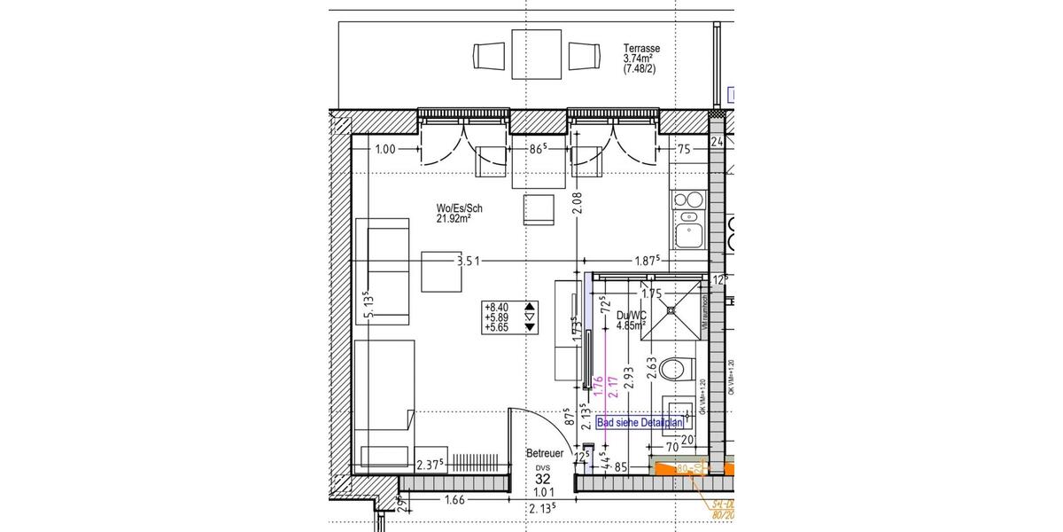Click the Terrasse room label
click(642, 49)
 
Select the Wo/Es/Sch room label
click(459, 208)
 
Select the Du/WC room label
click(630, 315)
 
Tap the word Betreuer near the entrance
click(545, 454)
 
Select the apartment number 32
click(542, 479)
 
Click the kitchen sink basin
click(688, 235)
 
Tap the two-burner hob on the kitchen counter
click(687, 200)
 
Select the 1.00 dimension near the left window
click(384, 150)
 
